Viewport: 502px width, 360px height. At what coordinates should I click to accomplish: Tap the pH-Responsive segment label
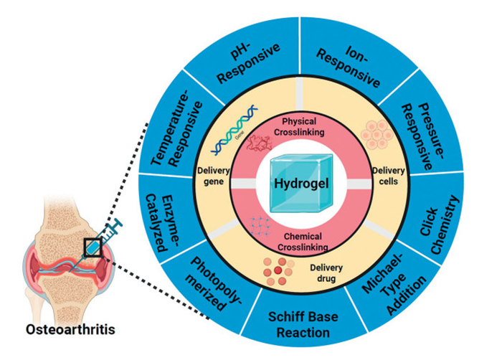pos(228,65)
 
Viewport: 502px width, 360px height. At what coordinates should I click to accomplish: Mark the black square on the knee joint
pos(94,247)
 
